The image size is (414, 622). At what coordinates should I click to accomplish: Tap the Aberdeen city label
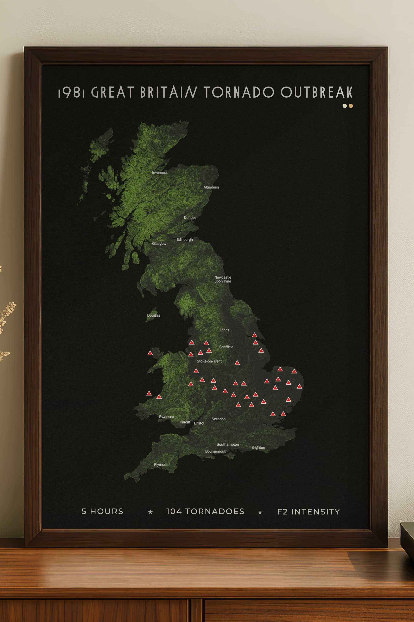coord(211,187)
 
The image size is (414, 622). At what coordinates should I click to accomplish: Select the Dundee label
coord(190,218)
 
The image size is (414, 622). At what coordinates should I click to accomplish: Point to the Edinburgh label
coord(185,239)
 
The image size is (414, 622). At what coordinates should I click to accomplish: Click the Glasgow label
coord(159,243)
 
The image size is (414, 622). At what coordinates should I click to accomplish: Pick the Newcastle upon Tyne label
coord(223,279)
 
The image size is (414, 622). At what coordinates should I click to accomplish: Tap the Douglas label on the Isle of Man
coord(154,315)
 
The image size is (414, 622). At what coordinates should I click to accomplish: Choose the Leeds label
coord(224,330)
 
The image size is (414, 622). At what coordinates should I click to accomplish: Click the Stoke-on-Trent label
coord(209,361)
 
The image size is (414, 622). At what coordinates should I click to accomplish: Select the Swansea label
coord(166,417)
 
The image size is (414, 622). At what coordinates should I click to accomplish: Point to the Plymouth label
coord(162,465)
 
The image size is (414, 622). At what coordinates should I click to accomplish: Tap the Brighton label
coord(258,447)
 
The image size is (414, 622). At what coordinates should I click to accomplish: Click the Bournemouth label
coord(216,451)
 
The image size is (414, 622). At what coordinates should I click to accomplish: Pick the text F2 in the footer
coord(282,512)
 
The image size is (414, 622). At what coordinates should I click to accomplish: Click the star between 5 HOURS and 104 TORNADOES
coord(150,512)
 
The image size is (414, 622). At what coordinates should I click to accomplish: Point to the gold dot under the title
coord(351,106)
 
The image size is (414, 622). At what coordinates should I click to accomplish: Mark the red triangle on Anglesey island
coord(150,353)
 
